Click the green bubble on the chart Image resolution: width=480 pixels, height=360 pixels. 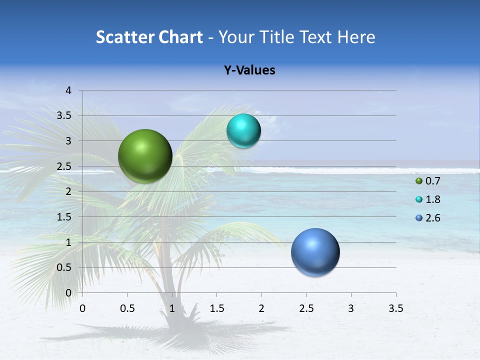click(145, 156)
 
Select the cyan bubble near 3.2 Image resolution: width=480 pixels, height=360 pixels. click(243, 131)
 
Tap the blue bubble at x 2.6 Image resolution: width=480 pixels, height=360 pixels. click(315, 252)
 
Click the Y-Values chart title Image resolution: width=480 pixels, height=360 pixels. click(249, 70)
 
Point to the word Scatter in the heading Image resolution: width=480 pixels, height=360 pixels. click(125, 37)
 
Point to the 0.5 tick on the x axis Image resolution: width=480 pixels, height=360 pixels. click(127, 308)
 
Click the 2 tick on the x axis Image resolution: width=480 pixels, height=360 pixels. click(261, 308)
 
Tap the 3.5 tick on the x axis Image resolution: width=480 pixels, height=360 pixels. click(395, 308)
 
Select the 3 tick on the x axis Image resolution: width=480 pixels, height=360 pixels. click(351, 308)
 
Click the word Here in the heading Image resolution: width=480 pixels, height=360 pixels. click(356, 37)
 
